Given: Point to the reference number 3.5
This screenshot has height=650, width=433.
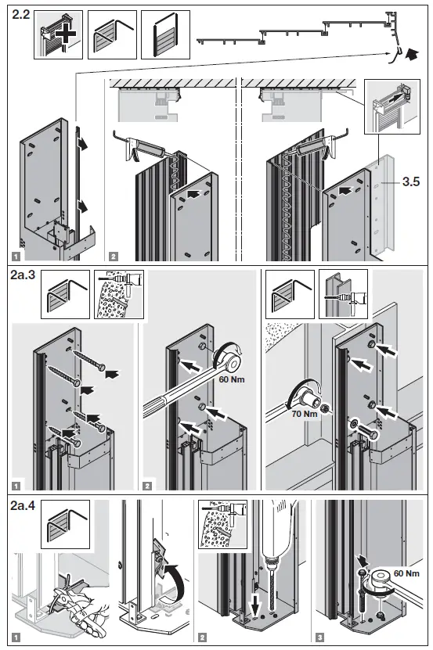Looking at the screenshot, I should point(412,183).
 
